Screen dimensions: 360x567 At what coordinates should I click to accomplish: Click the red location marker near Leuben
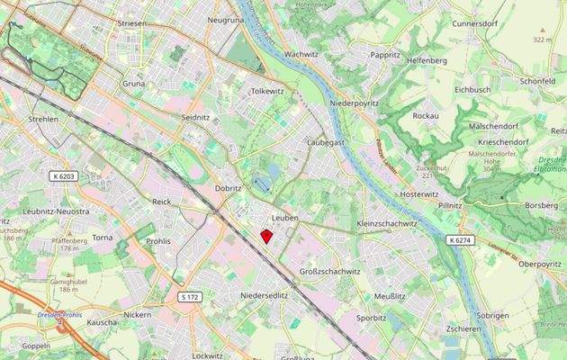tap(266, 236)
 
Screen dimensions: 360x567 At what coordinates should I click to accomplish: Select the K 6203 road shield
tap(64, 176)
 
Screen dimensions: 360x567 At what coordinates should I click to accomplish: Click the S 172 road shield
tap(189, 296)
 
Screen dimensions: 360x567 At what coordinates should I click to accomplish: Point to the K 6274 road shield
tap(458, 240)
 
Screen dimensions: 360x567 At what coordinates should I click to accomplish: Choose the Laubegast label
tap(325, 142)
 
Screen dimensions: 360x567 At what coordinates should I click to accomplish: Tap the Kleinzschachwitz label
tap(389, 222)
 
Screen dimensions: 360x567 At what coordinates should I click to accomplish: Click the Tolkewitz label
tap(266, 91)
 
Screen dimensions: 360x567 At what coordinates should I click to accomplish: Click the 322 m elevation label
tap(541, 40)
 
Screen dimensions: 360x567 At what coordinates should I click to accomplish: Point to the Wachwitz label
tap(301, 54)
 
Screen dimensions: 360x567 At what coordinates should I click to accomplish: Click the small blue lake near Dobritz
tap(261, 184)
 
